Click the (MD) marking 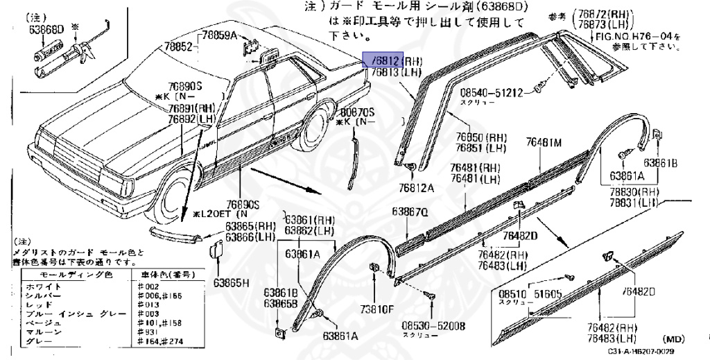(x=674, y=339)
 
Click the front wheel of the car (x=174, y=198)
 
